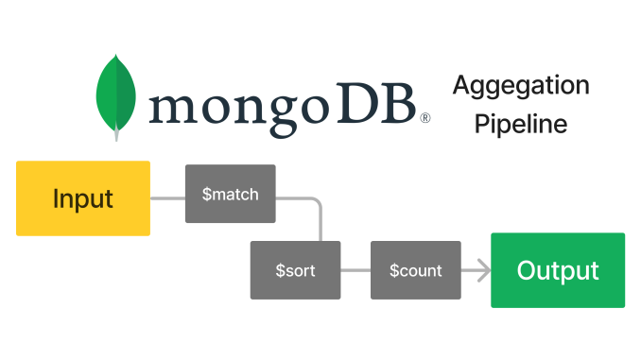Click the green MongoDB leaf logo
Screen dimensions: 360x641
[x=116, y=94]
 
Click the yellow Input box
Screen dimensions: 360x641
[x=83, y=198]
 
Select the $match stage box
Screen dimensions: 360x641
[x=230, y=194]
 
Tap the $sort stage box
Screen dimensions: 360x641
[x=295, y=270]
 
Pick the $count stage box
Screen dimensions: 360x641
[x=416, y=270]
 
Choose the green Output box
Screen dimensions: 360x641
[x=558, y=270]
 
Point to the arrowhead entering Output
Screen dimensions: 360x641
[x=484, y=270]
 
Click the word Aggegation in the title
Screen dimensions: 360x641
[x=521, y=86]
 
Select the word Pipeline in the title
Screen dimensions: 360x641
[x=521, y=124]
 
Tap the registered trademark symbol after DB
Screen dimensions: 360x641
[x=425, y=119]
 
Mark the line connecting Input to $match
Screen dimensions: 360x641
[x=167, y=198]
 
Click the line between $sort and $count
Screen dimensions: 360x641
[x=355, y=270]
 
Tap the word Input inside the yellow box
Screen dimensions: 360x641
[x=83, y=199]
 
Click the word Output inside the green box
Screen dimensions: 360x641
[x=558, y=271]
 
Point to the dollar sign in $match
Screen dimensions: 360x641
[x=207, y=195]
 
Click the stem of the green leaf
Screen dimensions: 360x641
[x=117, y=133]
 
